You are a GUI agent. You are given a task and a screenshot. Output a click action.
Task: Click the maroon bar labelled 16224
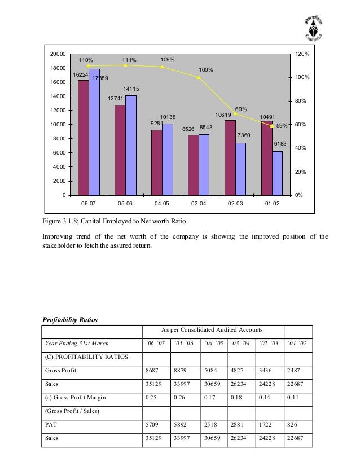pyautogui.click(x=83, y=138)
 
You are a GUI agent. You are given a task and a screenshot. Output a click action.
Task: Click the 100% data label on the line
pyautogui.click(x=205, y=70)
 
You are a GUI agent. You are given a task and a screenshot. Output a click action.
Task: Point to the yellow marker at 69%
pyautogui.click(x=236, y=114)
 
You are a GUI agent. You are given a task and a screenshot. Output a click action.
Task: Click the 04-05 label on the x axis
pyautogui.click(x=161, y=204)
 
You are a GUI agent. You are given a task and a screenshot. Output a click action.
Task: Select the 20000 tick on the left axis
pyautogui.click(x=58, y=54)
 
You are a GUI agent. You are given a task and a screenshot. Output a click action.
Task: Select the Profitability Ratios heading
pyautogui.click(x=71, y=320)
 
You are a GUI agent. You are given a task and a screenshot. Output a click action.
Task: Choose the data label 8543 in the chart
pyautogui.click(x=206, y=129)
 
